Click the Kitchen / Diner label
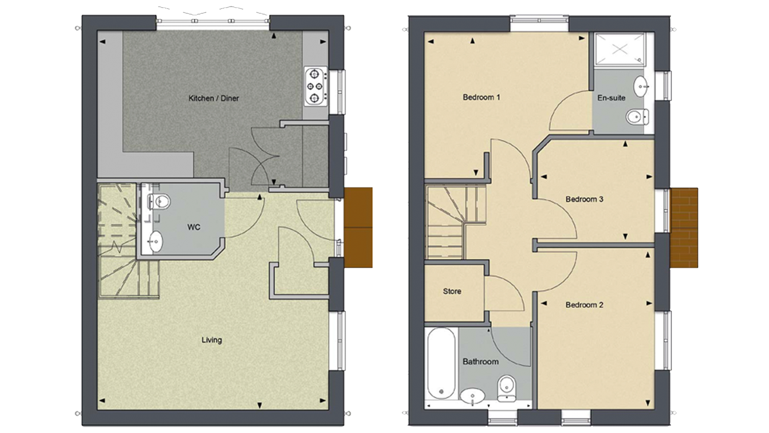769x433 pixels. (213, 98)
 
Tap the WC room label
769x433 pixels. (194, 227)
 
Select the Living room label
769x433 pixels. (211, 340)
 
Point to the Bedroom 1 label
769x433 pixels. (481, 97)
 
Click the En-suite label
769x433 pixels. (611, 97)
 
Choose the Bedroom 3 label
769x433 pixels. (584, 199)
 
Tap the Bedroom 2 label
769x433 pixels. (584, 305)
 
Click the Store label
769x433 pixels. (452, 291)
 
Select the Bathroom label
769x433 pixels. (480, 362)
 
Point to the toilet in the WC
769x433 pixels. (159, 201)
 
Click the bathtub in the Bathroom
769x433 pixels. (441, 364)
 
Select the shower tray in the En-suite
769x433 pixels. (620, 49)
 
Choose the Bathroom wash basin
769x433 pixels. (473, 397)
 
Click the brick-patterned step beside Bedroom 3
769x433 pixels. (684, 228)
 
